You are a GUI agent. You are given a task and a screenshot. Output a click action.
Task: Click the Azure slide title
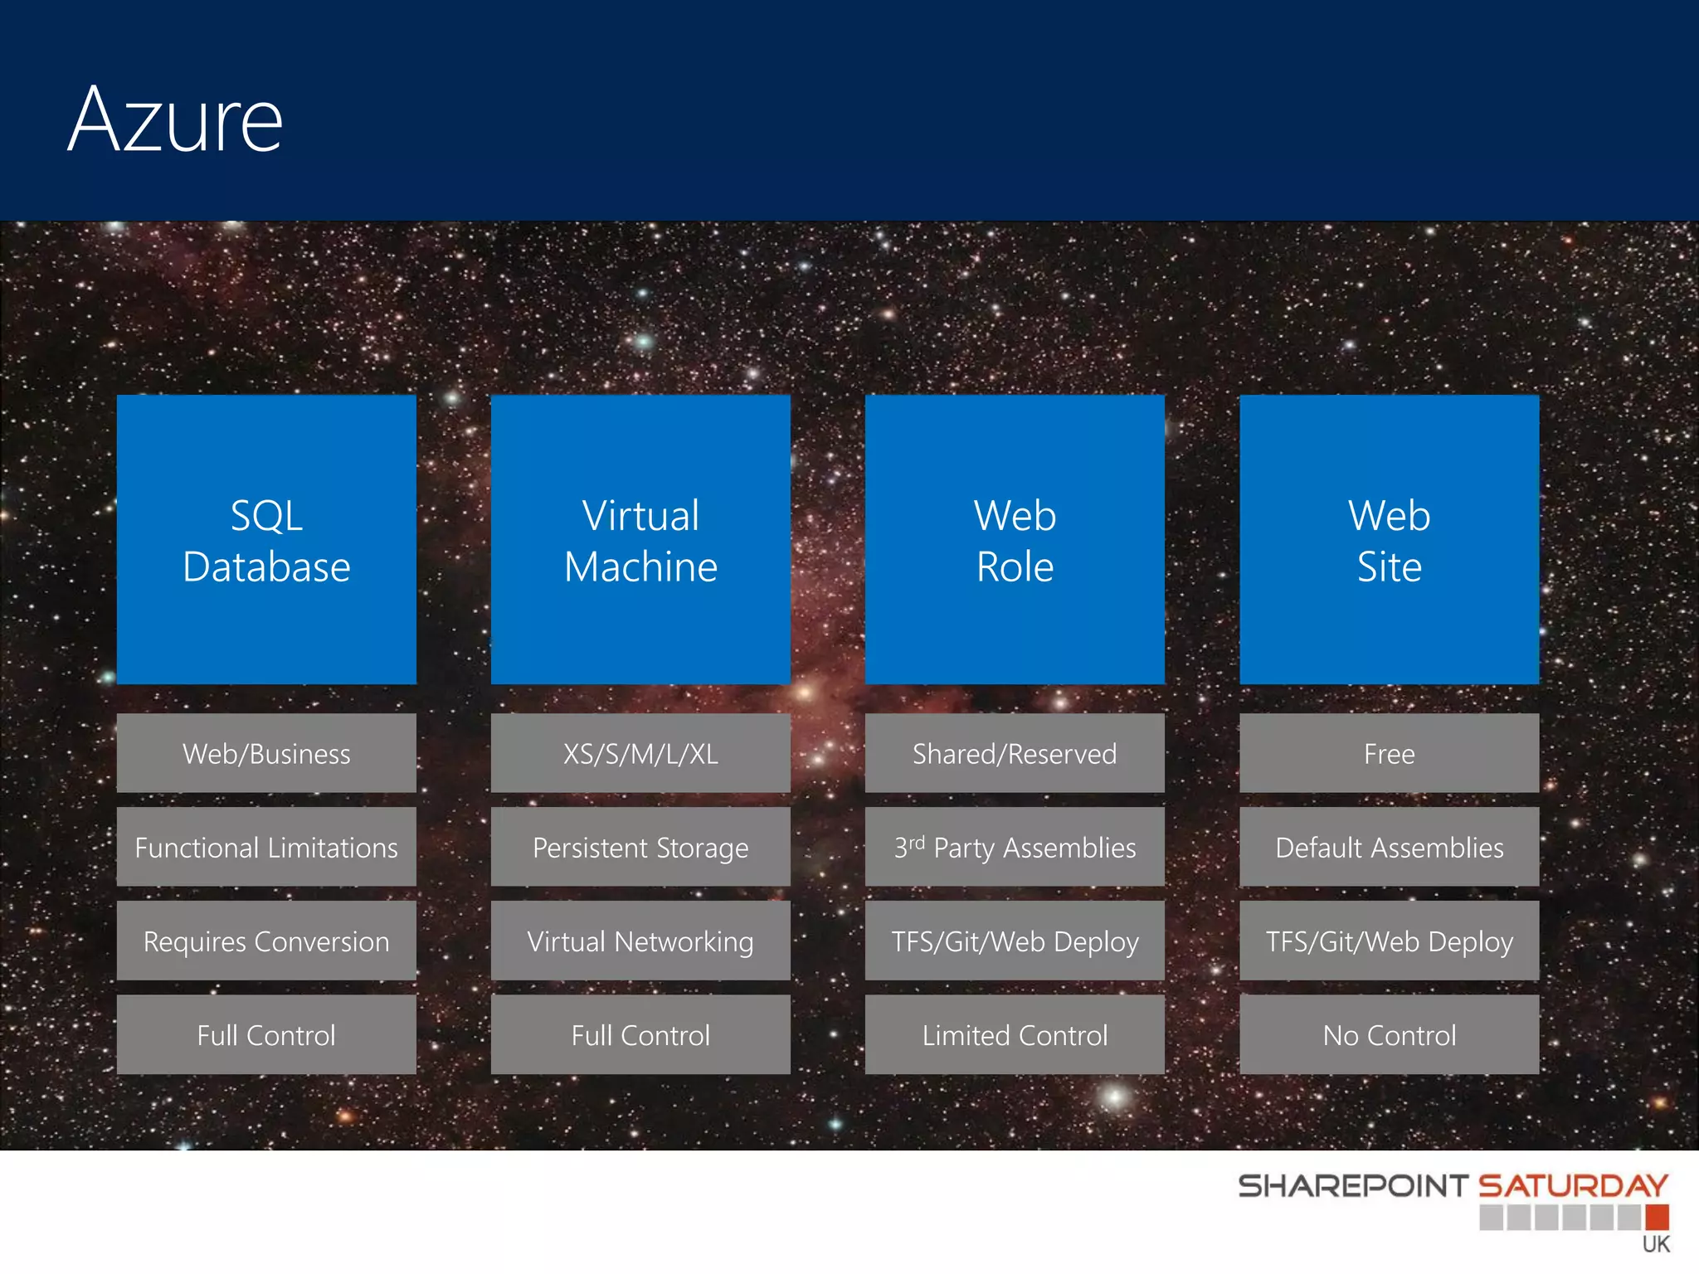tap(175, 120)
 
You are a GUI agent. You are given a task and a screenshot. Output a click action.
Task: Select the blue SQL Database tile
tap(266, 540)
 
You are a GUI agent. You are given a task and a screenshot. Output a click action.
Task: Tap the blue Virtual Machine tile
tap(640, 540)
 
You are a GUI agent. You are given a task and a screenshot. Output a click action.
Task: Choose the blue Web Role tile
tap(1015, 540)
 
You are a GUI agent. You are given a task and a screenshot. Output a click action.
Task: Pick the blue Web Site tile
tap(1389, 540)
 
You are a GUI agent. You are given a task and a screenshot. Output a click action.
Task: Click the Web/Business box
tap(266, 753)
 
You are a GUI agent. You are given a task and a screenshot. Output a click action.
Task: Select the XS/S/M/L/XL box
tap(640, 753)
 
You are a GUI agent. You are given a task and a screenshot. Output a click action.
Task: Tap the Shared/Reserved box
tap(1015, 753)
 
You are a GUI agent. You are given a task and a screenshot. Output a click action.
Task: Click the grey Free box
tap(1389, 753)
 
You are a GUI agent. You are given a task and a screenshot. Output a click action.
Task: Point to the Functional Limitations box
tap(266, 847)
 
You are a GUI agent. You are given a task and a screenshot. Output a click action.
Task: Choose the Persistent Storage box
tap(640, 847)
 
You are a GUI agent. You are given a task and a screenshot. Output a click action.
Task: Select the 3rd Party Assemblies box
tap(1015, 847)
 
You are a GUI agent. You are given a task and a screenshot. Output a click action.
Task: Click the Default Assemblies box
tap(1389, 847)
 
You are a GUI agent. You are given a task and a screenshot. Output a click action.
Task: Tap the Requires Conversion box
tap(266, 941)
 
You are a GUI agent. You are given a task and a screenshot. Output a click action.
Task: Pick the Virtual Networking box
tap(640, 941)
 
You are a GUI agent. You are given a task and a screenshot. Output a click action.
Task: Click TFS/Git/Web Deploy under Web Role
tap(1015, 941)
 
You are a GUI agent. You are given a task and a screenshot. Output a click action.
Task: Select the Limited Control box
tap(1015, 1034)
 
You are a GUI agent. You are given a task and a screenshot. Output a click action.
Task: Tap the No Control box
tap(1389, 1034)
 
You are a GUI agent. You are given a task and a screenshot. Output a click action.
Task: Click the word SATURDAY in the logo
tap(1573, 1185)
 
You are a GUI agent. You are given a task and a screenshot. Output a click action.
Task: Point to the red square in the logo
tap(1657, 1217)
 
